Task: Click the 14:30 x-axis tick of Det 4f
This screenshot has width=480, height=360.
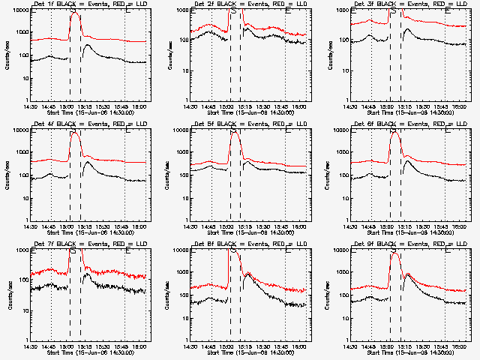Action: [31, 226]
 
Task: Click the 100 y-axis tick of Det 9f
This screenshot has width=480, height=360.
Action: [343, 295]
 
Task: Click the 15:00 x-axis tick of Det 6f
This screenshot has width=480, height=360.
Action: [390, 226]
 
